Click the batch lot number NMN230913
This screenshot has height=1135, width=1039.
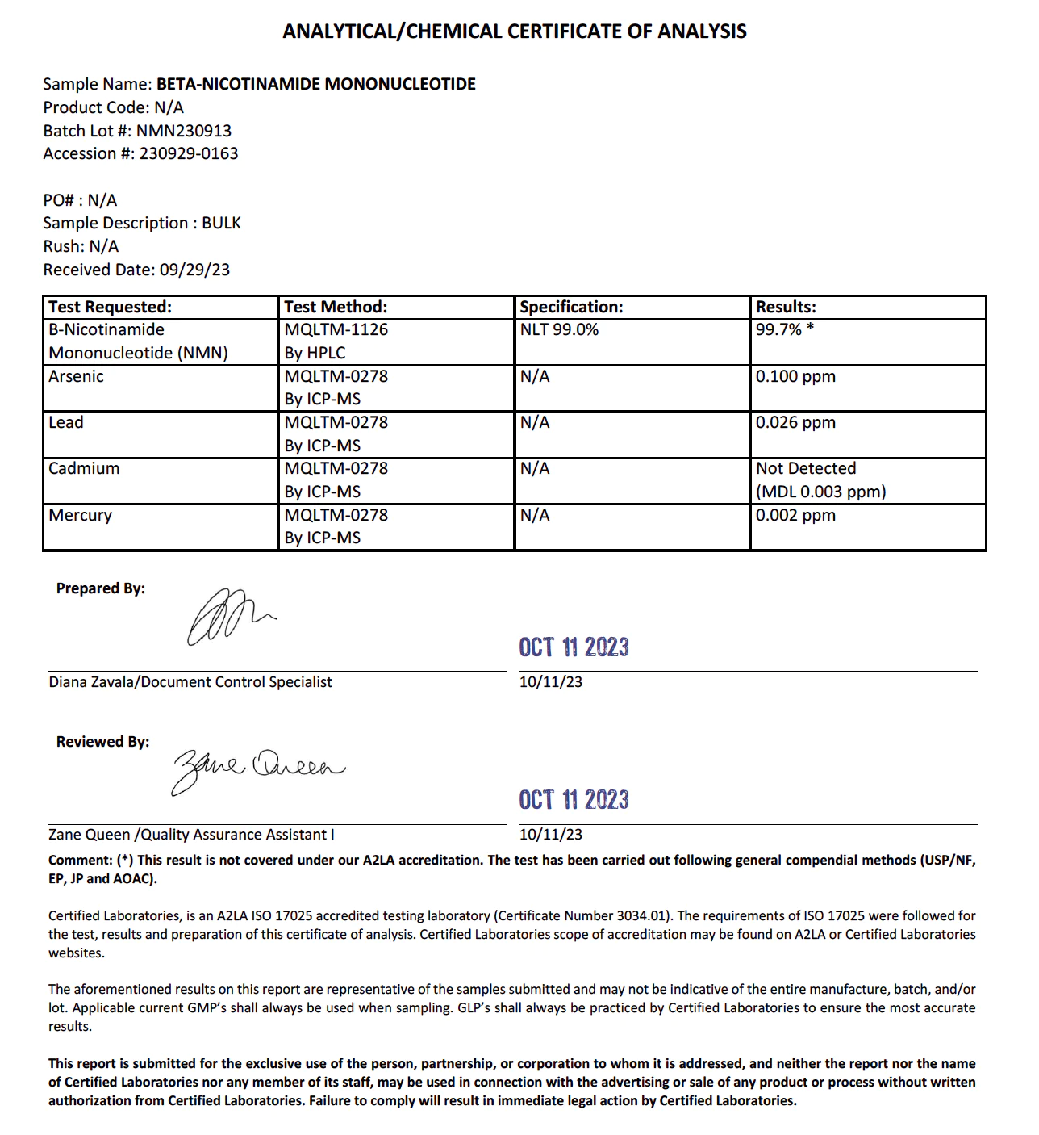[183, 131]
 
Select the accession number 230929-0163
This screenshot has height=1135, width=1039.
[189, 153]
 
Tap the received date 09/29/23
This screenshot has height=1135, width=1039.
[194, 270]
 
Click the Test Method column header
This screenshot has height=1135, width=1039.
[336, 307]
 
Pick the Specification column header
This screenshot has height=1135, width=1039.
[571, 307]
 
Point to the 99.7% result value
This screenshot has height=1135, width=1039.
[779, 329]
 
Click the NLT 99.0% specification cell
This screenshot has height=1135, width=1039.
[559, 329]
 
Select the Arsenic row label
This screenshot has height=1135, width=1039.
[76, 376]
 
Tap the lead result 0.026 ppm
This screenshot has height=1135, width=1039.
[795, 422]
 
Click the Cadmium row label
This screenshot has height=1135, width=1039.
[84, 468]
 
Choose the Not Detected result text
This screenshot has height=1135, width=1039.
[806, 468]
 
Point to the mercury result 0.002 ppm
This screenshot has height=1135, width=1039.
[795, 515]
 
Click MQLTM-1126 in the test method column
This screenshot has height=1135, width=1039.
[336, 329]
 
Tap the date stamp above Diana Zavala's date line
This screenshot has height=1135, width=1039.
[574, 647]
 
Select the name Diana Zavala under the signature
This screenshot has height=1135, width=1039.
[92, 682]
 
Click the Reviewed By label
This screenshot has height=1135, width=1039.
[102, 742]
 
